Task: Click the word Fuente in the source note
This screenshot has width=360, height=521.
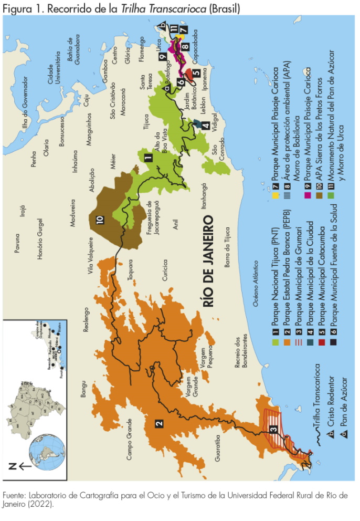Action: point(16,495)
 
